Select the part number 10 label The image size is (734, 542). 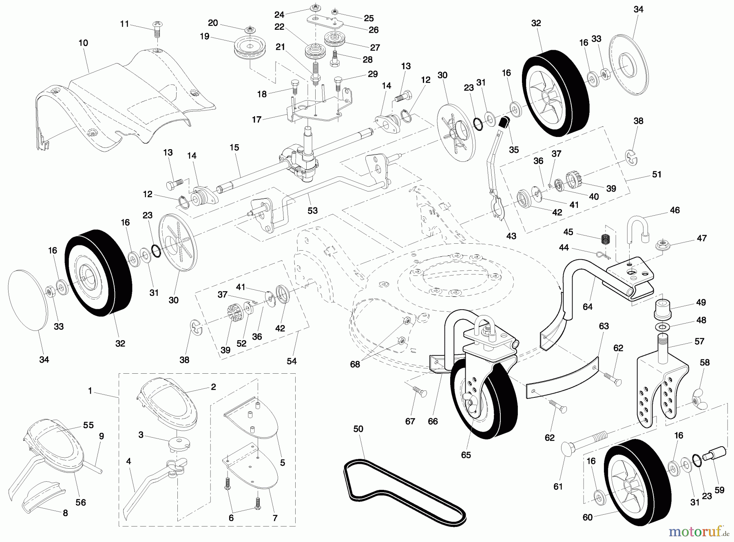pos(83,43)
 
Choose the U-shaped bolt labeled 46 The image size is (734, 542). pos(636,229)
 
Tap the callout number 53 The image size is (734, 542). pos(312,210)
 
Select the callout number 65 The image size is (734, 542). pos(466,455)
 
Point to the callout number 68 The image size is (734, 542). pos(355,364)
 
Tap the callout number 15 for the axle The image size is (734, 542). pos(234,148)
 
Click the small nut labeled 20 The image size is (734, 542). pos(249,30)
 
